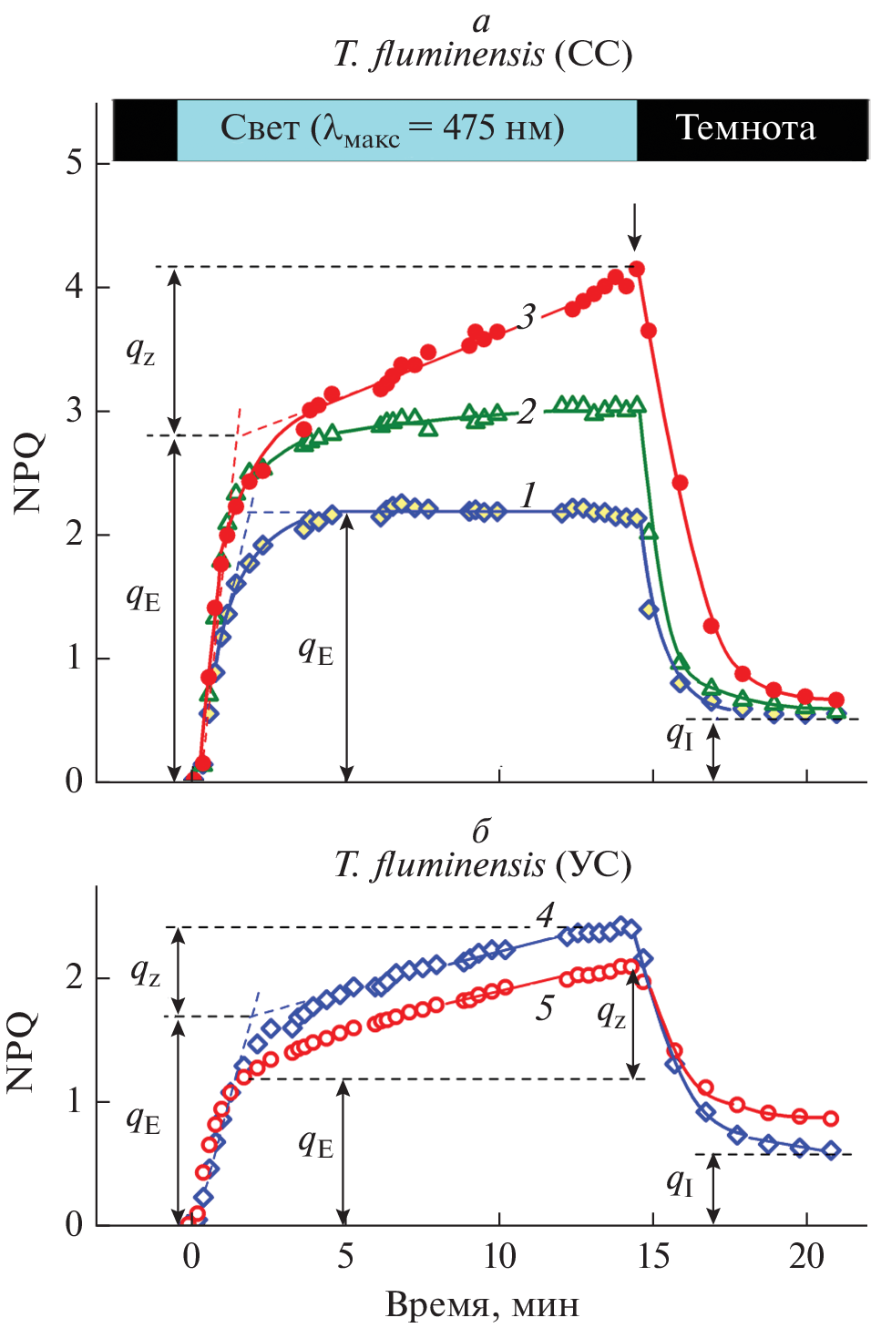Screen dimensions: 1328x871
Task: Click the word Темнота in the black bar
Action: pyautogui.click(x=745, y=128)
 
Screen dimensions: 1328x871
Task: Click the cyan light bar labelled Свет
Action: pyautogui.click(x=405, y=129)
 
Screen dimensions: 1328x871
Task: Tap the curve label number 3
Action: pyautogui.click(x=527, y=317)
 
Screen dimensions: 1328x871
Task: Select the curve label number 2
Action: pyautogui.click(x=527, y=412)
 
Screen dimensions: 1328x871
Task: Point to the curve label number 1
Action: pyautogui.click(x=528, y=495)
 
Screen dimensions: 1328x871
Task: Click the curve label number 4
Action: pyautogui.click(x=545, y=914)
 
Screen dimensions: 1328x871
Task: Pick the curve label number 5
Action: pyautogui.click(x=544, y=1008)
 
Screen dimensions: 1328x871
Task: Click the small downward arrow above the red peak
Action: pyautogui.click(x=635, y=227)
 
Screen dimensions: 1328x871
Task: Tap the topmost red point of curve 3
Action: pyautogui.click(x=637, y=269)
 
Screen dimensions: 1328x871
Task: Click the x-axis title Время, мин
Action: pyautogui.click(x=482, y=1304)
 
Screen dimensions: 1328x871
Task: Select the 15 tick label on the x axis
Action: pyautogui.click(x=652, y=1257)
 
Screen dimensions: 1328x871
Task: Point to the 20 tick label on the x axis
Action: pyautogui.click(x=806, y=1257)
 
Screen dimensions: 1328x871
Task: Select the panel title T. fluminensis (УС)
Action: pyautogui.click(x=482, y=864)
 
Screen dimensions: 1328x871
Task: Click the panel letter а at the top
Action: pyautogui.click(x=482, y=22)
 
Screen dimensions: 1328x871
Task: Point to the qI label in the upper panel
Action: pyautogui.click(x=680, y=734)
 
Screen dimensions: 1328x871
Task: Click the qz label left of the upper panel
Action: pyautogui.click(x=140, y=350)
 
